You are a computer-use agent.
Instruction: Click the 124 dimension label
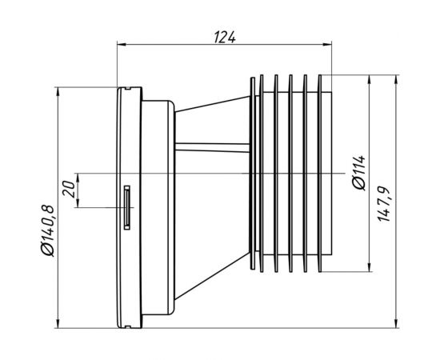click(x=225, y=38)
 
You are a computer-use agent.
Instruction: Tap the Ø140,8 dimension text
click(x=47, y=231)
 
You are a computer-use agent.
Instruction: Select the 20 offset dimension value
click(x=70, y=189)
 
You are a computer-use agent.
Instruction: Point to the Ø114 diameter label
click(x=359, y=173)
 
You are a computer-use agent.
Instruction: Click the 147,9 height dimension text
click(x=383, y=204)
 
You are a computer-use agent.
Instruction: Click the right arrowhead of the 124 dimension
click(x=327, y=44)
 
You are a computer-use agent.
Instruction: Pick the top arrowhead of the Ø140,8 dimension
click(x=58, y=92)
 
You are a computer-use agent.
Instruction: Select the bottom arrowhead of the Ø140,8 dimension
click(x=58, y=323)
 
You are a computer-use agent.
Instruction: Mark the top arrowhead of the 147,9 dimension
click(x=396, y=79)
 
